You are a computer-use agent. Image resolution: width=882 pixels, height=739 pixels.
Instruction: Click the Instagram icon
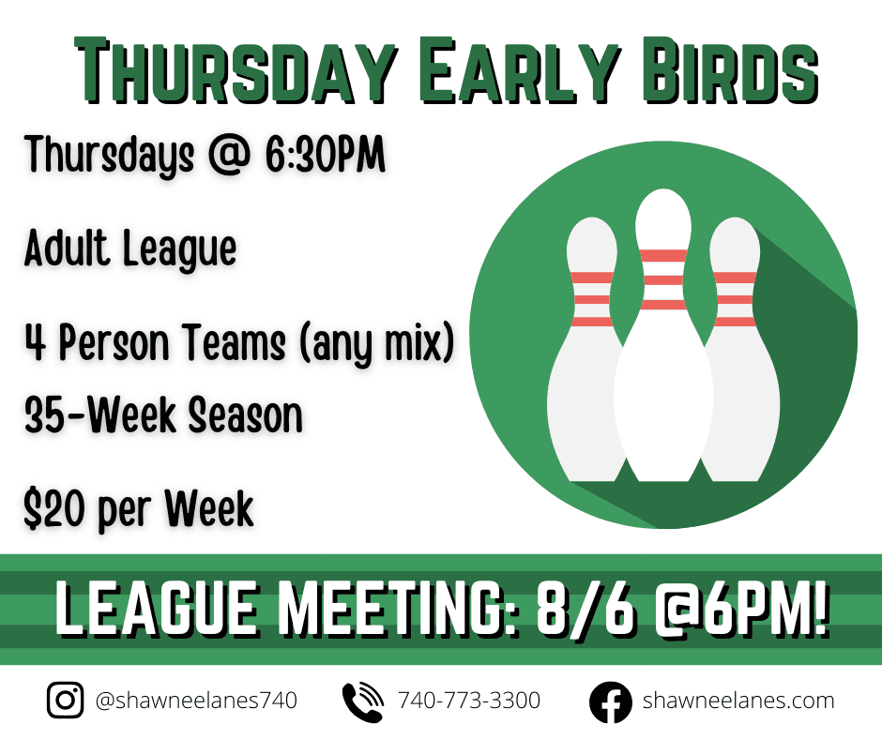(x=66, y=701)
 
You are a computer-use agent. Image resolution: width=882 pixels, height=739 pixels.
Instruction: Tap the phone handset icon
(x=363, y=701)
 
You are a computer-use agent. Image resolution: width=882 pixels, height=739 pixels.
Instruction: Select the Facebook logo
(x=610, y=701)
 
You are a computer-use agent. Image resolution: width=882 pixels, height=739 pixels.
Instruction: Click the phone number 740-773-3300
(x=469, y=701)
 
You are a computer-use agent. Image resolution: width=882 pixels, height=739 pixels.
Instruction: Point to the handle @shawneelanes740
(x=196, y=701)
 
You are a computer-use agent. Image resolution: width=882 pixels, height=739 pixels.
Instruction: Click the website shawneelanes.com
(x=738, y=701)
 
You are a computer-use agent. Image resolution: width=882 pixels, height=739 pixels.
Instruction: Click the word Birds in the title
(x=730, y=71)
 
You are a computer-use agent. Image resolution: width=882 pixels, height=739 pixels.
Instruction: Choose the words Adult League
(x=130, y=249)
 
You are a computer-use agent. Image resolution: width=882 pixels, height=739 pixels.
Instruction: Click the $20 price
(x=54, y=508)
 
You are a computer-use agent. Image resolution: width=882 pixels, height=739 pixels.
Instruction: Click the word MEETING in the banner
(x=398, y=611)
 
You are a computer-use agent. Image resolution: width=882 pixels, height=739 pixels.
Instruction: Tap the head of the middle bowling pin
(x=663, y=219)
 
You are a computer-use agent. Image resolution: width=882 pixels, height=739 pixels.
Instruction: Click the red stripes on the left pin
(x=592, y=299)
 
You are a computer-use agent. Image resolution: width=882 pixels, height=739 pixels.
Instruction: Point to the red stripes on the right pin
(x=736, y=299)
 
